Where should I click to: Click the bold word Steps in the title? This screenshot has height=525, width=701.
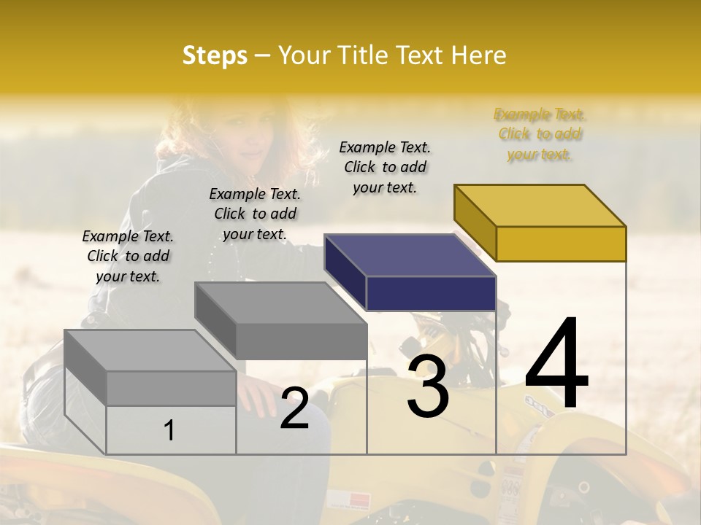pyautogui.click(x=215, y=55)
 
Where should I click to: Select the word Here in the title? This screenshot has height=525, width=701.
pyautogui.click(x=479, y=55)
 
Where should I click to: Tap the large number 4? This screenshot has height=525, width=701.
pyautogui.click(x=556, y=365)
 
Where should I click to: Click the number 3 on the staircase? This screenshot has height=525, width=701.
pyautogui.click(x=428, y=387)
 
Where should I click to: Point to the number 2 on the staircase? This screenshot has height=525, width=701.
pyautogui.click(x=294, y=408)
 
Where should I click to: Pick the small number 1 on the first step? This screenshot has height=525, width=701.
pyautogui.click(x=169, y=431)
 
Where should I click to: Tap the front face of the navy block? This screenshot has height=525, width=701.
pyautogui.click(x=431, y=293)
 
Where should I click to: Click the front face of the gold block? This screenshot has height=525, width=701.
pyautogui.click(x=561, y=244)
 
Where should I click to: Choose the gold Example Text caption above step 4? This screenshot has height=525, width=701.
pyautogui.click(x=539, y=134)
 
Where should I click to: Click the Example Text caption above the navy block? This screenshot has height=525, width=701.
pyautogui.click(x=385, y=167)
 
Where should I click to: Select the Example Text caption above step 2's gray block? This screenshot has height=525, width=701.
pyautogui.click(x=255, y=214)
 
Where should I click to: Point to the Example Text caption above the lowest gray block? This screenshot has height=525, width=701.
pyautogui.click(x=128, y=256)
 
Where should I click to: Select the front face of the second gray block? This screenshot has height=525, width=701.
pyautogui.click(x=301, y=341)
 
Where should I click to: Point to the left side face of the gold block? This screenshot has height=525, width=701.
pyautogui.click(x=475, y=219)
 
